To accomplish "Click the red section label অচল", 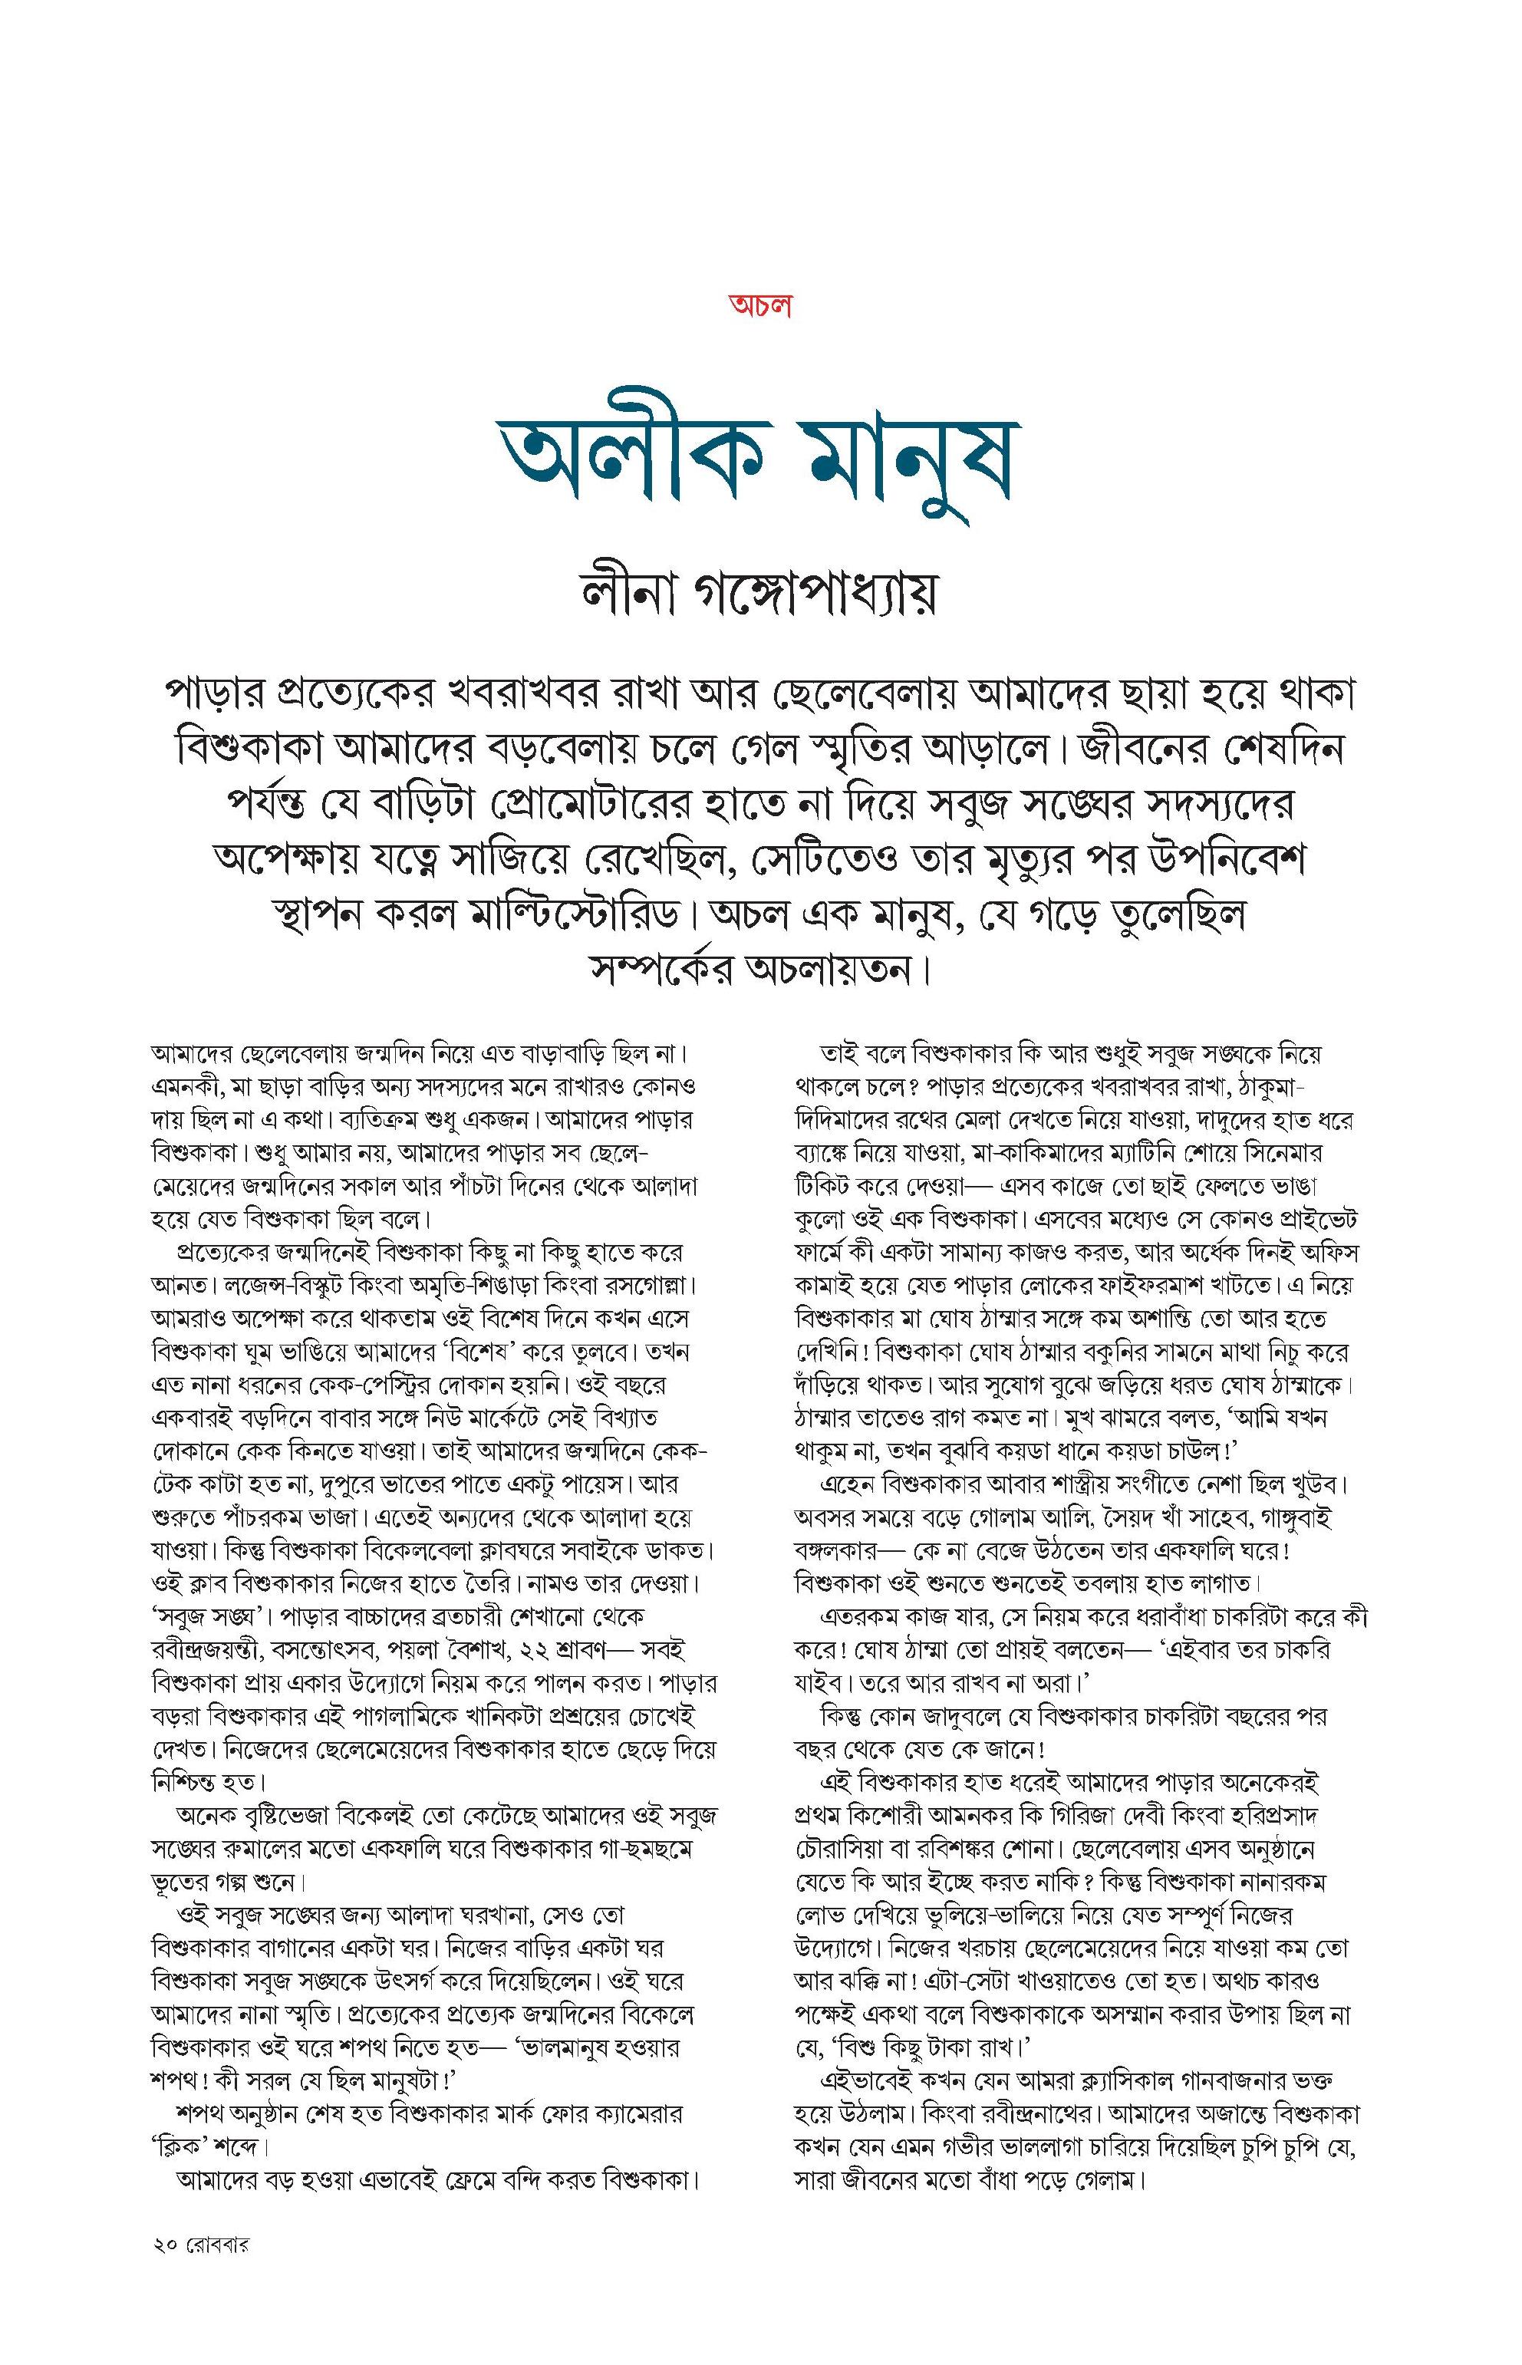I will pyautogui.click(x=761, y=305).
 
